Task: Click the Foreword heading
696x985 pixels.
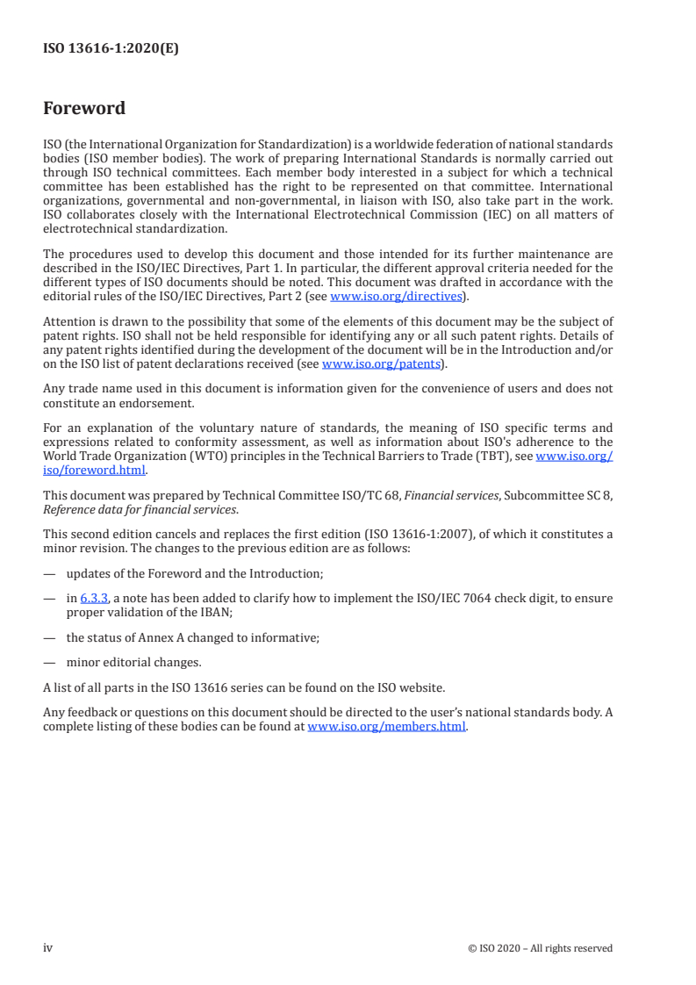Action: coord(84,109)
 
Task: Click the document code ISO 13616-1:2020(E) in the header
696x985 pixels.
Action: coord(111,49)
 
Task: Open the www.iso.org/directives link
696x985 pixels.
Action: coord(396,296)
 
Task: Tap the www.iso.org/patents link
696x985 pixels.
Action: coord(384,363)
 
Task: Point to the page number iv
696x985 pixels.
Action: coord(48,947)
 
